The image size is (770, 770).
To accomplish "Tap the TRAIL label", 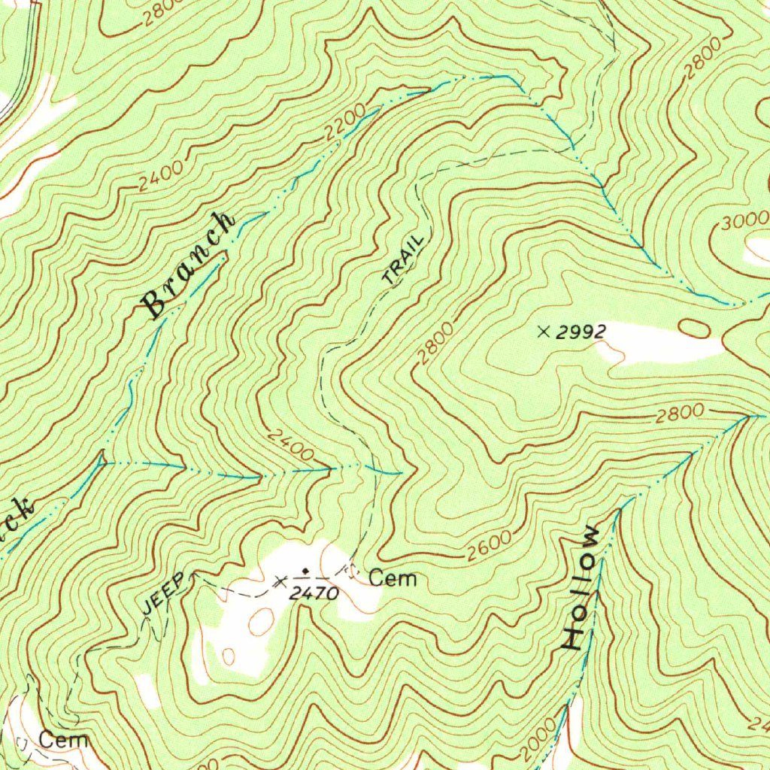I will click(x=403, y=260).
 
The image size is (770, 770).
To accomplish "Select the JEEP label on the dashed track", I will click(x=162, y=596).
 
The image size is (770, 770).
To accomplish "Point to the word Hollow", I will click(x=582, y=588).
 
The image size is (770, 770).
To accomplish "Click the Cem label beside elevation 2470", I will click(x=393, y=578).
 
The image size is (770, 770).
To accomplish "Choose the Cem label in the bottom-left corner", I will click(x=63, y=739).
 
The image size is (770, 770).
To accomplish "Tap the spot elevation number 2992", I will click(x=581, y=332).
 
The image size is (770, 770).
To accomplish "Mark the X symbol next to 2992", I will click(x=544, y=331).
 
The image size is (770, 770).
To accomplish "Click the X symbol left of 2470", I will click(x=280, y=580).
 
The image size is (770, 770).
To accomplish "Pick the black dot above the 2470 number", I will click(x=305, y=571).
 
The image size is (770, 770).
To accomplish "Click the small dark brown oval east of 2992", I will click(x=693, y=328).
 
